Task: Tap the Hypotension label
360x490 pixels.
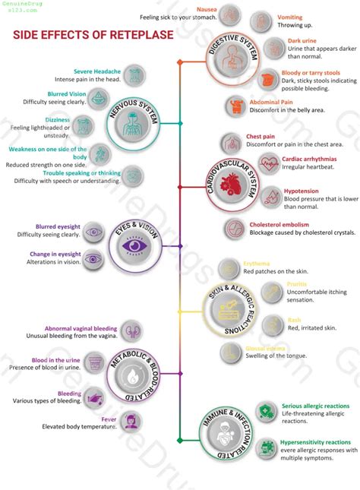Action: point(301,191)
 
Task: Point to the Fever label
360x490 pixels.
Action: point(109,419)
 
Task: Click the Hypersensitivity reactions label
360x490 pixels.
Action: point(316,441)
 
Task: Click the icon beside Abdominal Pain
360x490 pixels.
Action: point(237,105)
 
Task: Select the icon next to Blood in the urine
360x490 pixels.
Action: point(95,363)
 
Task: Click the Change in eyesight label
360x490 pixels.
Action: point(55,254)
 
